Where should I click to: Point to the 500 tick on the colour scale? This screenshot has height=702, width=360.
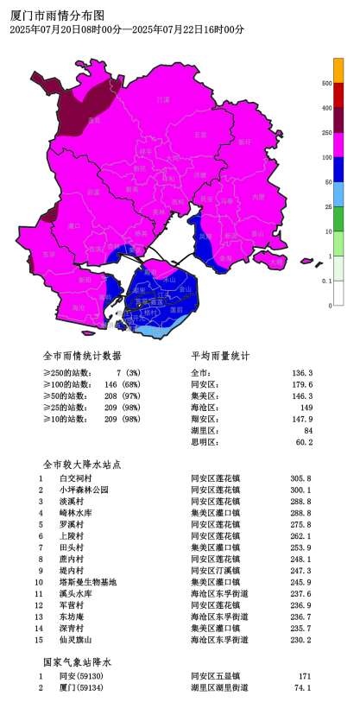click(x=326, y=84)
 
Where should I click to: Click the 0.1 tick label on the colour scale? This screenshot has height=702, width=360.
click(x=326, y=281)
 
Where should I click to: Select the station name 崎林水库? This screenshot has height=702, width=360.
click(x=76, y=513)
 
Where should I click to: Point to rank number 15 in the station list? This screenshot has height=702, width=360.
click(x=39, y=640)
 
